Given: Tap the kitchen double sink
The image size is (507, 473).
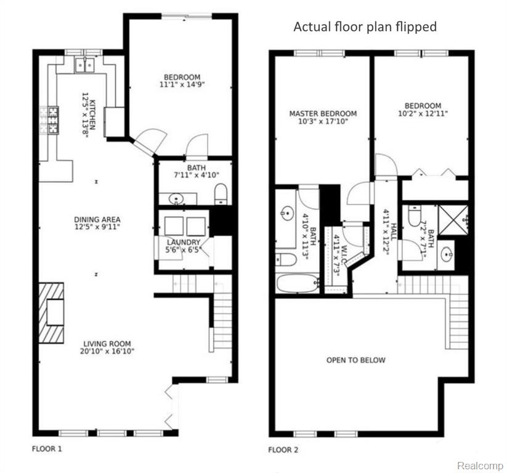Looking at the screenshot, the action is point(84,65).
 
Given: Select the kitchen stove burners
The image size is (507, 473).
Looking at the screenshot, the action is point(53,120).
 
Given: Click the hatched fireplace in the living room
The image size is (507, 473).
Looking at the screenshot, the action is point(51,313).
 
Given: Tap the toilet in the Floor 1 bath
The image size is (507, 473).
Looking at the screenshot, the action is point(221,194).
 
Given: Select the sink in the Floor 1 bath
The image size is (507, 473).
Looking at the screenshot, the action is point(176,198).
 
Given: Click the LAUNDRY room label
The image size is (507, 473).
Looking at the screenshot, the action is point(184,242).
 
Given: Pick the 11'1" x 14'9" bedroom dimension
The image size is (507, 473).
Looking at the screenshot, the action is point(182,85).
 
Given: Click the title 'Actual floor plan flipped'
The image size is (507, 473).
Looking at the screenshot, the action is point(365,26).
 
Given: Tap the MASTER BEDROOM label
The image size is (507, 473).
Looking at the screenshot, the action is point(323,113).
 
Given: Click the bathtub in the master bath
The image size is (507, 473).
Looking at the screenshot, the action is point(298,283).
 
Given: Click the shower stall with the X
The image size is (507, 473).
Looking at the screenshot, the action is point(453,219).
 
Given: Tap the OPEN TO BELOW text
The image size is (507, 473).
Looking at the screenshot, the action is point(355,360).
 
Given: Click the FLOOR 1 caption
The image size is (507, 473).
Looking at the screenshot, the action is point(47,449).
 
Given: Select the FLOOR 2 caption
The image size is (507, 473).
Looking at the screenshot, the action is point(283,450).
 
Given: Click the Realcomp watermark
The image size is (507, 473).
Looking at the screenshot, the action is point(480,466).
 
